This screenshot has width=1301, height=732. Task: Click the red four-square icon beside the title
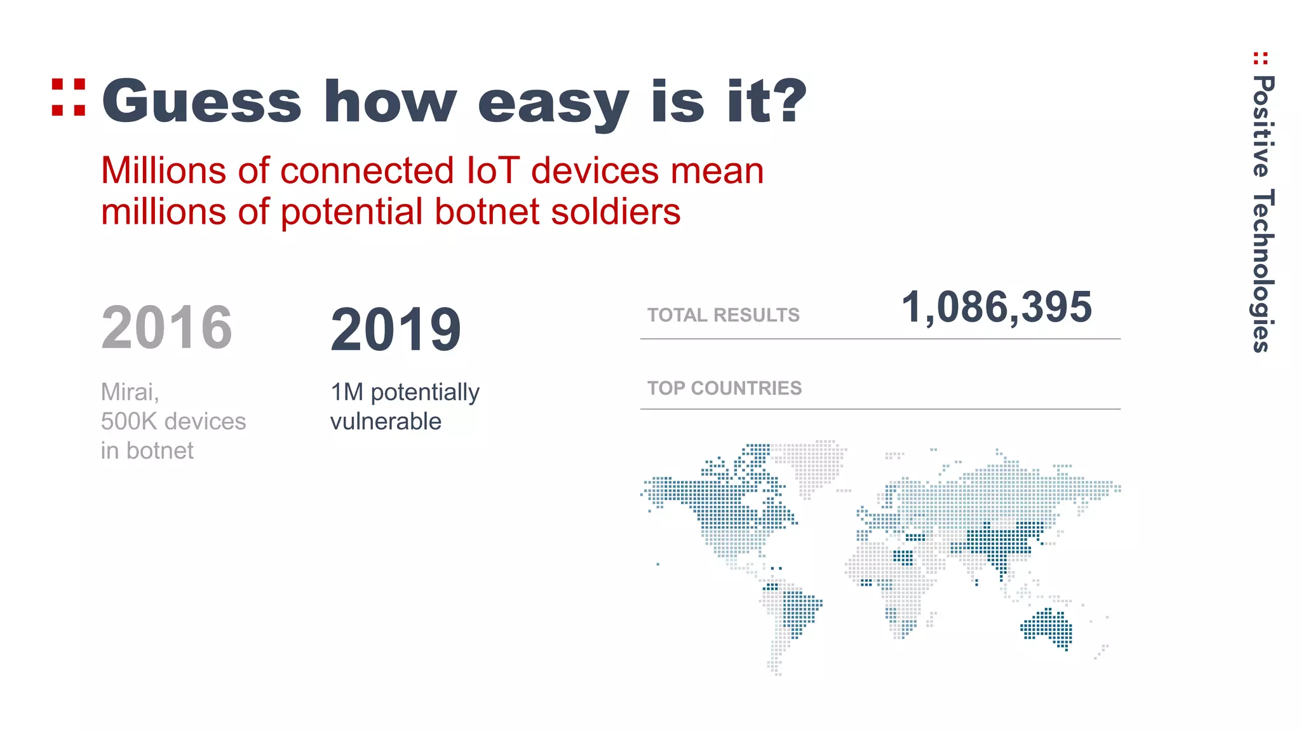(69, 98)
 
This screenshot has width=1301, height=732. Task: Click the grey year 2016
(166, 328)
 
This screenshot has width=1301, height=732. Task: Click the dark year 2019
(395, 330)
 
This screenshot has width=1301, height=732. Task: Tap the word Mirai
(129, 392)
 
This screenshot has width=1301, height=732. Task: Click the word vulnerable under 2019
(386, 421)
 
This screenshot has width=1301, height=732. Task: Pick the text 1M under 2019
(347, 392)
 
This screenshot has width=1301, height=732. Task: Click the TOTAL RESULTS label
(723, 315)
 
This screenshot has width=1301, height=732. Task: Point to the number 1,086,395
(996, 308)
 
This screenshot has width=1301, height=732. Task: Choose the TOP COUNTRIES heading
(724, 388)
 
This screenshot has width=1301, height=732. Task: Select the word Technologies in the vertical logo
(1263, 270)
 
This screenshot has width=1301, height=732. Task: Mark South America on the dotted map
(791, 616)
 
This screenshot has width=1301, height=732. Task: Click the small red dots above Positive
(1261, 58)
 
